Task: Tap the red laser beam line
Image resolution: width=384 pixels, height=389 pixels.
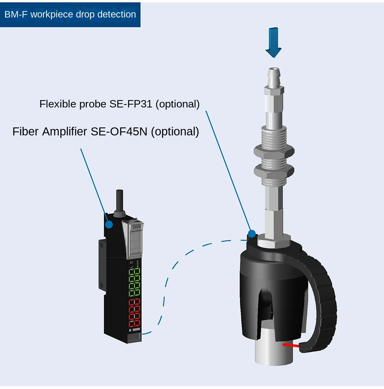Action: coord(290,345)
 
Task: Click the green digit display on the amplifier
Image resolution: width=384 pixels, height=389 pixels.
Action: coord(134,282)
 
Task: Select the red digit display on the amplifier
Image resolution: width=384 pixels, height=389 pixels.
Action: coord(134,313)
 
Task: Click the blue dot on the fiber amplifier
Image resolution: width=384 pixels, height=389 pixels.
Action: coord(109,224)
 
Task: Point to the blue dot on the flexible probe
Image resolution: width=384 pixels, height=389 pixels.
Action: coord(252,234)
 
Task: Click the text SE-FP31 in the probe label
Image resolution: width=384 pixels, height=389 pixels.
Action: coord(131,104)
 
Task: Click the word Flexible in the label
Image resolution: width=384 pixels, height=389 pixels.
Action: coord(58,104)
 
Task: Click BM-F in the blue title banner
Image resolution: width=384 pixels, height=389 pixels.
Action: coord(16,14)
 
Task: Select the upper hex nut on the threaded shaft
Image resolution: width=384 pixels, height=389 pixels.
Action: coord(274,151)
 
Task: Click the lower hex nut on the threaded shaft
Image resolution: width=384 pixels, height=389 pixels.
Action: coord(274,170)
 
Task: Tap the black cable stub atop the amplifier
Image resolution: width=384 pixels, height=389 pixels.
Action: coord(119,201)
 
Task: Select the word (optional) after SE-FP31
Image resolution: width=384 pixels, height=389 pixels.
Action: coord(178,104)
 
